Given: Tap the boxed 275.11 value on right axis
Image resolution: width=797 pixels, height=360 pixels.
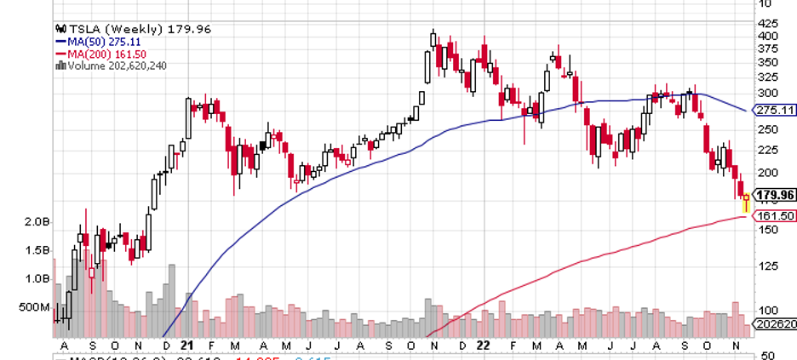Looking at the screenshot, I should click(775, 111).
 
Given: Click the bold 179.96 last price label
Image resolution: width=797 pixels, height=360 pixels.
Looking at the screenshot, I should click(775, 195).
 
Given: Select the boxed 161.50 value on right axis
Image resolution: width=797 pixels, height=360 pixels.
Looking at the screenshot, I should click(775, 216).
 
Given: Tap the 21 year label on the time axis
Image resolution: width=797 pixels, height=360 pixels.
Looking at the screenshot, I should click(189, 346).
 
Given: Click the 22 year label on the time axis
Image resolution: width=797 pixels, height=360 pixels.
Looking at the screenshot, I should click(482, 346).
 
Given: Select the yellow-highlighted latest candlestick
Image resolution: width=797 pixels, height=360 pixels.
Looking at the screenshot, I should click(747, 203).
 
